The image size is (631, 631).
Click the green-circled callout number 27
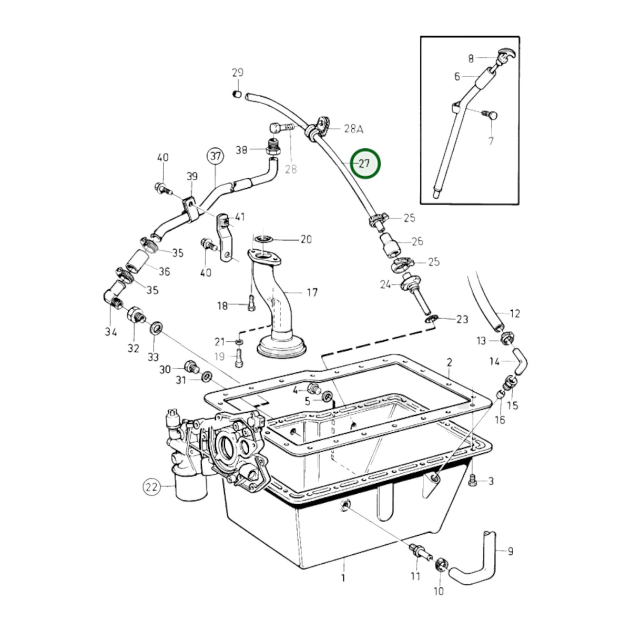[365, 163]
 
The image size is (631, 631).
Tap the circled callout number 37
[216, 157]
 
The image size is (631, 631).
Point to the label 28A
[354, 129]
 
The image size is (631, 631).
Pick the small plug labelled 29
[237, 94]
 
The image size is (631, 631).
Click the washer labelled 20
[263, 238]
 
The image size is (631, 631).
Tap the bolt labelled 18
[251, 303]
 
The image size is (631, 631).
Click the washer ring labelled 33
[156, 328]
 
